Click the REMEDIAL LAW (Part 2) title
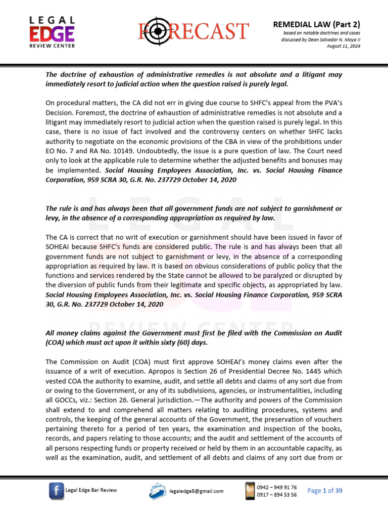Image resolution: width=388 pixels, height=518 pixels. [x=317, y=24]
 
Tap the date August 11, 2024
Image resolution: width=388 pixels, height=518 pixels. [x=343, y=46]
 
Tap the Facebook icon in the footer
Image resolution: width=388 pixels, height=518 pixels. [x=56, y=490]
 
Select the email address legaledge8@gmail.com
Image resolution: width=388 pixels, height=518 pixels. [x=196, y=491]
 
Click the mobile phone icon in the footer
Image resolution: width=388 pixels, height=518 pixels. [x=249, y=490]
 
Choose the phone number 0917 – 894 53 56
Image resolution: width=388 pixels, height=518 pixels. [x=277, y=495]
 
